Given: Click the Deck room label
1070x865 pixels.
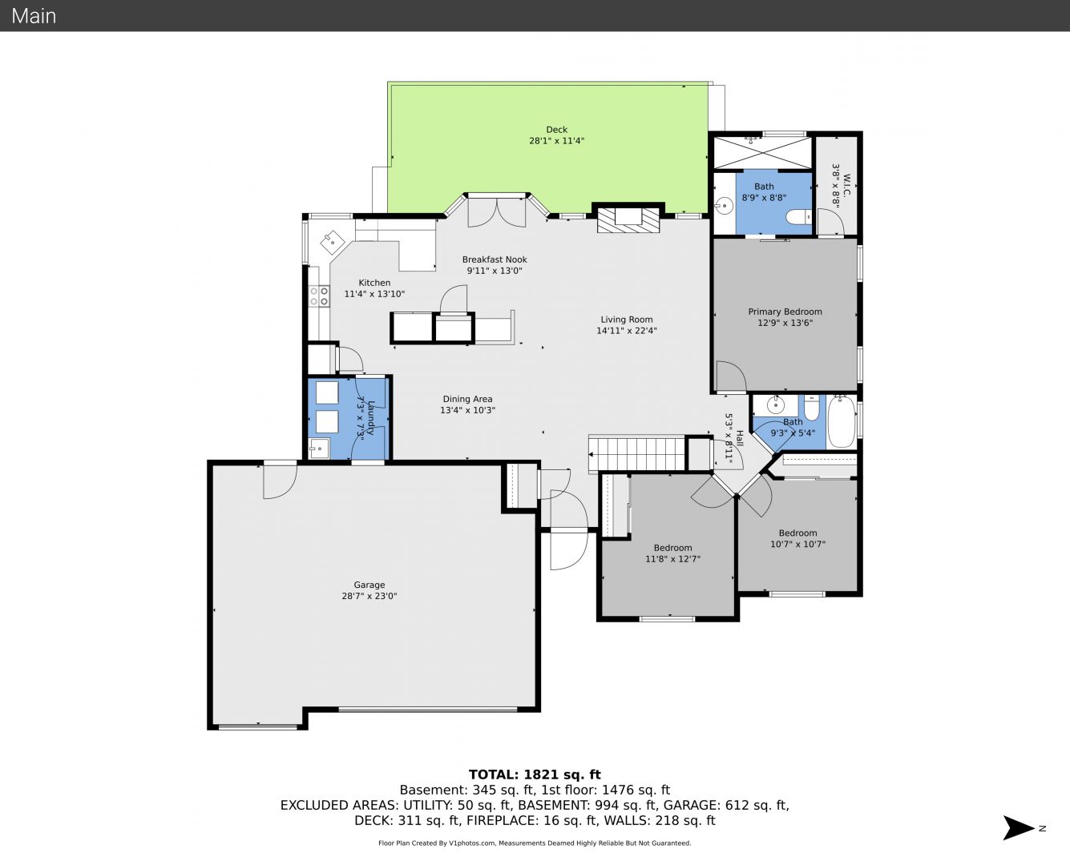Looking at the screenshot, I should coord(556,130).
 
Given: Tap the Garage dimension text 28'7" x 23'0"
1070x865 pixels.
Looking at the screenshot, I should coord(369,596).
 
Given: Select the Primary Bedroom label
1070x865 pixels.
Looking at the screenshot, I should coord(785,312).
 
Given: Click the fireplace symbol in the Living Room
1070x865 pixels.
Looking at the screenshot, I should coord(628,219).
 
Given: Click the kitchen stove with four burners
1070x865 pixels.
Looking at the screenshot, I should coord(319,296).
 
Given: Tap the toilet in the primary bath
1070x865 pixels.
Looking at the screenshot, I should coord(799,217).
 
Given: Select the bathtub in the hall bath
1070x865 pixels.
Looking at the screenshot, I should coord(841,421).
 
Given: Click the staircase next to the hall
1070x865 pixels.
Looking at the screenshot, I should coord(638,454).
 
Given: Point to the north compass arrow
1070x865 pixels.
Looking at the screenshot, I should coord(1019,828).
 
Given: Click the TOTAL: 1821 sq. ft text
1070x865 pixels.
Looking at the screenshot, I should coord(535,774).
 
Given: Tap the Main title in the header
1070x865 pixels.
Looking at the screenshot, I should coord(34,15).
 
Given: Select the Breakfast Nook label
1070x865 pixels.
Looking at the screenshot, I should coord(495,259).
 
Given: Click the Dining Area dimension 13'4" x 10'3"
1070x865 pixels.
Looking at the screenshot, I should coord(467,410).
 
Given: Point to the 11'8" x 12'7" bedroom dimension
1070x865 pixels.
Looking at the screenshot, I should coord(672,559).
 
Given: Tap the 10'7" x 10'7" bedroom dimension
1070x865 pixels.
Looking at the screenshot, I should coord(797,544).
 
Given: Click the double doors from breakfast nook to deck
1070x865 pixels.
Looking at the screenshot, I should coord(497,211).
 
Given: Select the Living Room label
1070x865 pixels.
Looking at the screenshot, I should coord(626,320).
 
